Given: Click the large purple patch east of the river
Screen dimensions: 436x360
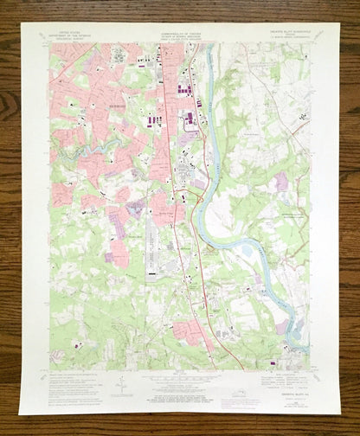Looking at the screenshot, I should point(281,182).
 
